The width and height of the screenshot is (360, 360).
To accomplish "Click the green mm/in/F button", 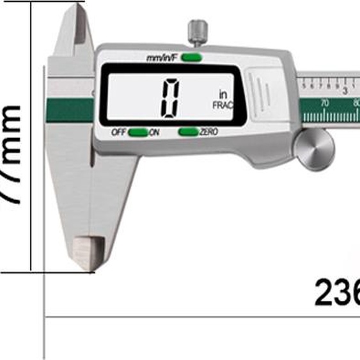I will pos(191,58).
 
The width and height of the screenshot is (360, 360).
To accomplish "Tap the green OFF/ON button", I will pos(137,132).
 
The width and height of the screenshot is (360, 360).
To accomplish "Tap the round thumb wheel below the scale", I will pos(314,148).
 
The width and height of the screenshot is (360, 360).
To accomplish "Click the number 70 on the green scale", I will pos(325,102).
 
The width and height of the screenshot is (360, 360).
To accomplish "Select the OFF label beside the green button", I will pos(119,132).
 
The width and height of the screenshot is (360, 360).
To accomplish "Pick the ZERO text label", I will pos(209,132).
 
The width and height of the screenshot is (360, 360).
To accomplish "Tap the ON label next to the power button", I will pos(154,132).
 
